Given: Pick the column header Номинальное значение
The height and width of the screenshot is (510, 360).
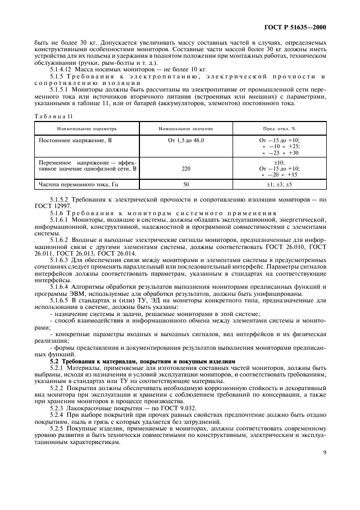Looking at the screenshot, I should pyautogui.click(x=186, y=129).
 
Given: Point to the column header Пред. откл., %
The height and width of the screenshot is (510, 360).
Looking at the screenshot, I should pyautogui.click(x=279, y=129).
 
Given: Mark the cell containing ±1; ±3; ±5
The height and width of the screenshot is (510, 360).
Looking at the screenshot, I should pyautogui.click(x=279, y=185).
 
